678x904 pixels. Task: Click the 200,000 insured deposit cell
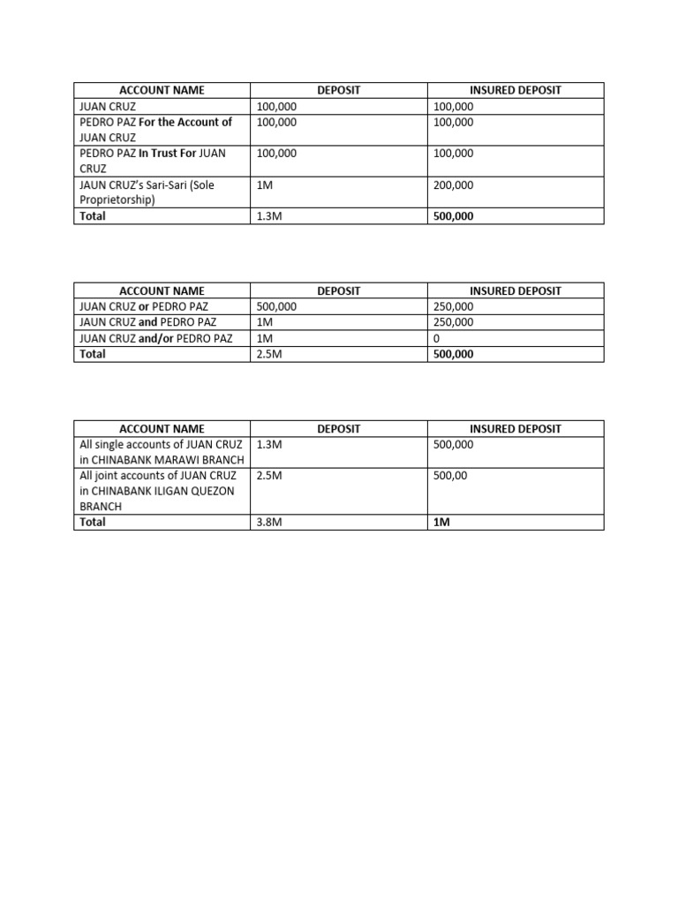click(452, 185)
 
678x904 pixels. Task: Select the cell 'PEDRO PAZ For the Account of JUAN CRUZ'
click(155, 130)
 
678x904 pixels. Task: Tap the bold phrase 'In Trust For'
click(167, 154)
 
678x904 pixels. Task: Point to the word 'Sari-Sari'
click(174, 185)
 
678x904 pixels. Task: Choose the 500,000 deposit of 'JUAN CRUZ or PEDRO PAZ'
click(276, 306)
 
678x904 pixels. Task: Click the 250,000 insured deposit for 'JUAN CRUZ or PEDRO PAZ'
click(453, 306)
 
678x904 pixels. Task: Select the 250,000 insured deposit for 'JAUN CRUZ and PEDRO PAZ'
click(453, 322)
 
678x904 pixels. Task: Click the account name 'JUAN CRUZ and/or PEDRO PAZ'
click(155, 338)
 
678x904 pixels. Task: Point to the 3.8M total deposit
click(269, 522)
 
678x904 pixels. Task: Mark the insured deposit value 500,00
click(450, 476)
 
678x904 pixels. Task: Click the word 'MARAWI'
click(177, 460)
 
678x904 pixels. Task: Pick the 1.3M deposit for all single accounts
click(269, 445)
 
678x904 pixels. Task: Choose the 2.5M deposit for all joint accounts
click(269, 476)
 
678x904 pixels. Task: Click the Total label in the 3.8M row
click(93, 522)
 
